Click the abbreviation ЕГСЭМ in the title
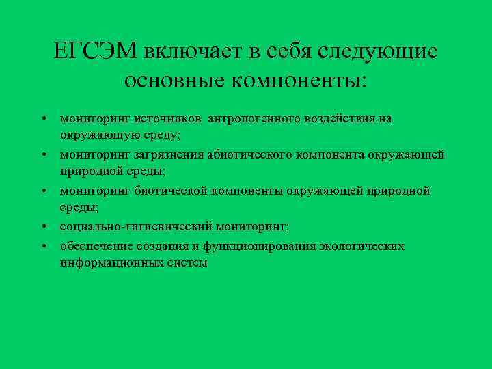point(95,51)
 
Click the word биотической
point(165,191)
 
